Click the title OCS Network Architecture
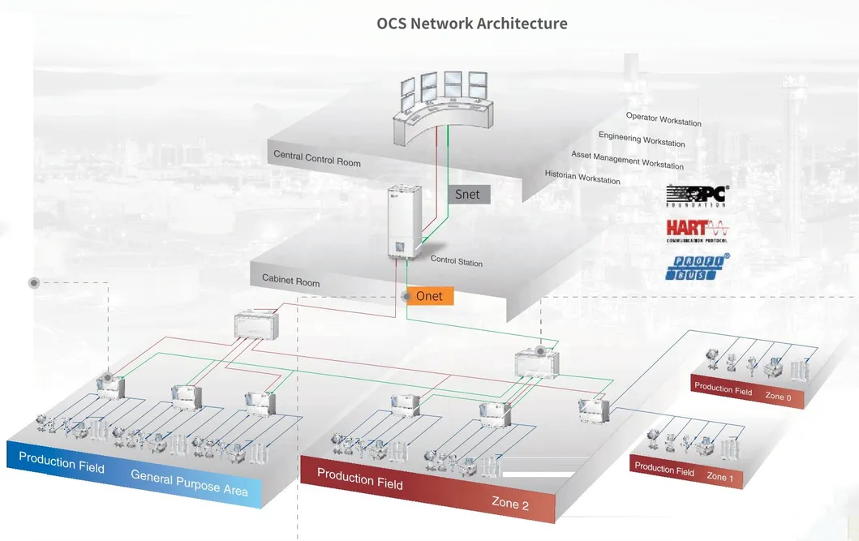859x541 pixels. click(x=472, y=24)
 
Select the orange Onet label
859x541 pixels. click(x=429, y=296)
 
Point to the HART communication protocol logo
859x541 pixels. click(x=697, y=231)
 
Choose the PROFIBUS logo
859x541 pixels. click(x=697, y=268)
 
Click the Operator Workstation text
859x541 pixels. click(x=663, y=119)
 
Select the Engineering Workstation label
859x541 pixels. click(x=641, y=140)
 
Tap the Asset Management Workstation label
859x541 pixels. click(x=627, y=159)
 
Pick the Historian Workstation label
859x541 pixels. click(x=582, y=177)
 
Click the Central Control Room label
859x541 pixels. click(x=316, y=158)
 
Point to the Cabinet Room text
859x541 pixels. click(x=290, y=281)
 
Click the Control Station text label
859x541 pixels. click(x=456, y=262)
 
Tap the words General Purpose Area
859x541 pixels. click(x=189, y=483)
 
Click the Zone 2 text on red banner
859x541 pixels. click(x=509, y=504)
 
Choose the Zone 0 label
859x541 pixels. click(x=778, y=396)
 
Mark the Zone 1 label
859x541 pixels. click(x=719, y=477)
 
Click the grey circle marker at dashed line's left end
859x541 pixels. click(x=34, y=283)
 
